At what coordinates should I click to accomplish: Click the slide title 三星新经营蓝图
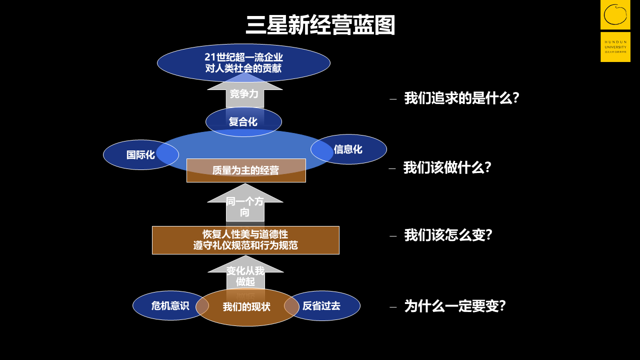320,25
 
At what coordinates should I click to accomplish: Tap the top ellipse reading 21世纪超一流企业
243,63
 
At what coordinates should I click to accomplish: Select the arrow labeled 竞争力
244,93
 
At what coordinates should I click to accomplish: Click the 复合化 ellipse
243,121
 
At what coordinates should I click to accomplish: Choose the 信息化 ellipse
352,149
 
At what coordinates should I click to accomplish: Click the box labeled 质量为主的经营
245,170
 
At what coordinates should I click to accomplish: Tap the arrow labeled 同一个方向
245,206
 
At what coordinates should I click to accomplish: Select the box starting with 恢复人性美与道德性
245,240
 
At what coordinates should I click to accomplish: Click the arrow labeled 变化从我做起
245,275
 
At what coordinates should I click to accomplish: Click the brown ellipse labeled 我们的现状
247,307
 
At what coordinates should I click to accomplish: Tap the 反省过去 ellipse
325,305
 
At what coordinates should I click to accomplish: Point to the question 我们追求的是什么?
461,98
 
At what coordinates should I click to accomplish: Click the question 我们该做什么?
447,167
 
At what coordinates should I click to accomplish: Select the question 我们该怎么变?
448,235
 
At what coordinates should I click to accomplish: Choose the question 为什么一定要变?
455,306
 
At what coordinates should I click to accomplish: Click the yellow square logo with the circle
615,14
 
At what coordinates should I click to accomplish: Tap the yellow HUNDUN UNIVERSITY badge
615,47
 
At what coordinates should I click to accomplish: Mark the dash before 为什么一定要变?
393,307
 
